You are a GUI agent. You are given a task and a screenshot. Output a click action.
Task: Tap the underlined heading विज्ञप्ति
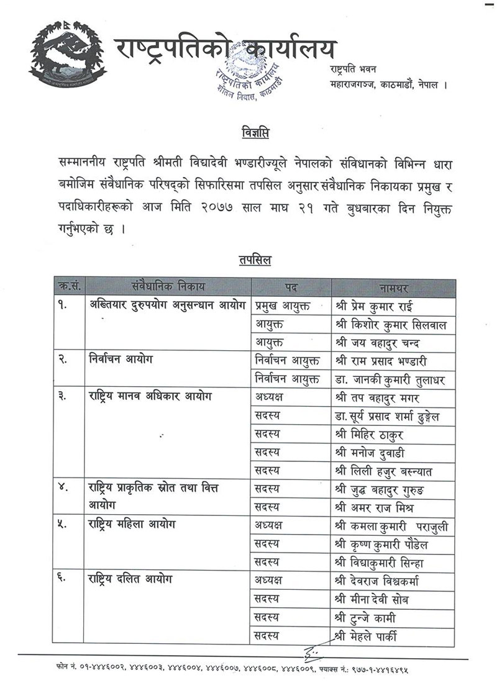coord(255,133)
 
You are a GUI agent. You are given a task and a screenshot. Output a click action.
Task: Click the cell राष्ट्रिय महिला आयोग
coord(132,525)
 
